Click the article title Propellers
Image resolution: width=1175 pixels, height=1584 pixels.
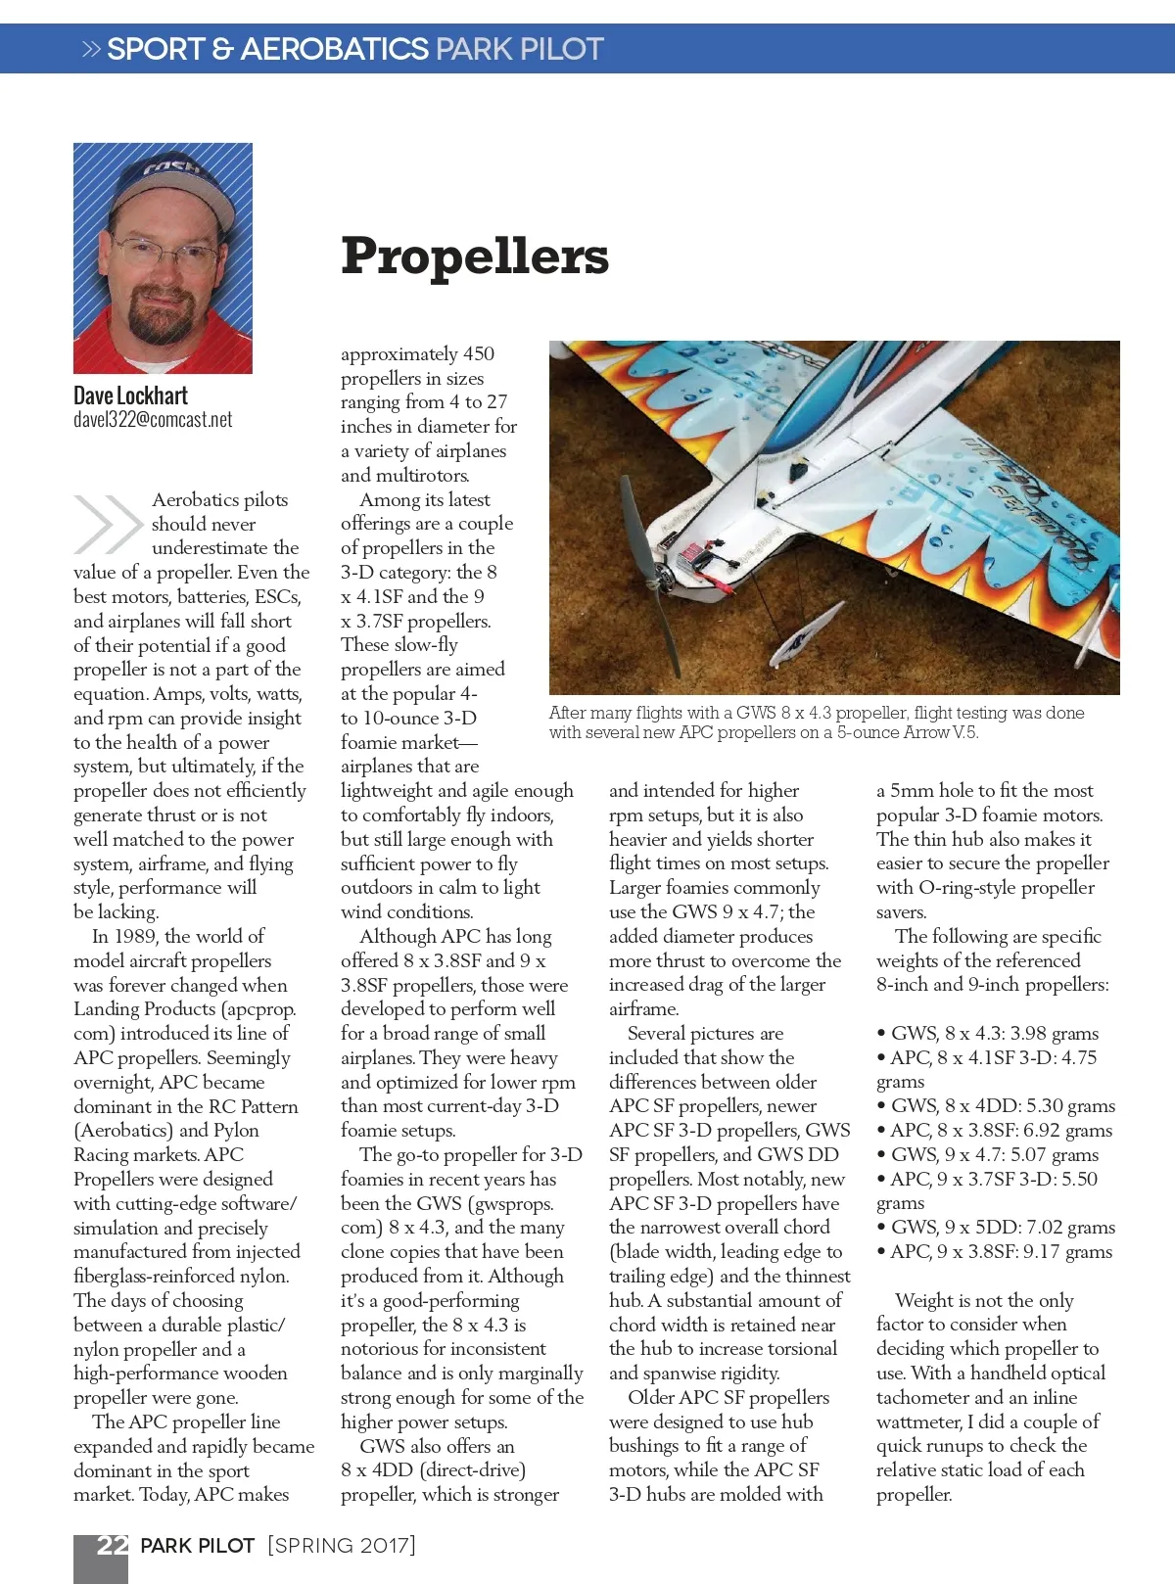pos(474,256)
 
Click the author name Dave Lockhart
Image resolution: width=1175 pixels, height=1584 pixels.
pos(130,396)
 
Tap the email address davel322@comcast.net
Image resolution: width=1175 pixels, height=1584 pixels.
pos(153,420)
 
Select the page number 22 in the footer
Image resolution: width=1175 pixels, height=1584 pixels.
pos(112,1545)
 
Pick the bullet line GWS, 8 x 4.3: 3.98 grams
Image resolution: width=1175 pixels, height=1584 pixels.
pos(989,1034)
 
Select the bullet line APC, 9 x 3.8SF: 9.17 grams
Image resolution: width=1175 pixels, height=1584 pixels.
pos(995,1252)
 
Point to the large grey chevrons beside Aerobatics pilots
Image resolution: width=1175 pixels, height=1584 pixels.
pos(107,524)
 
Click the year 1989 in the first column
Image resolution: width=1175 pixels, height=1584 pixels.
pos(135,937)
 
